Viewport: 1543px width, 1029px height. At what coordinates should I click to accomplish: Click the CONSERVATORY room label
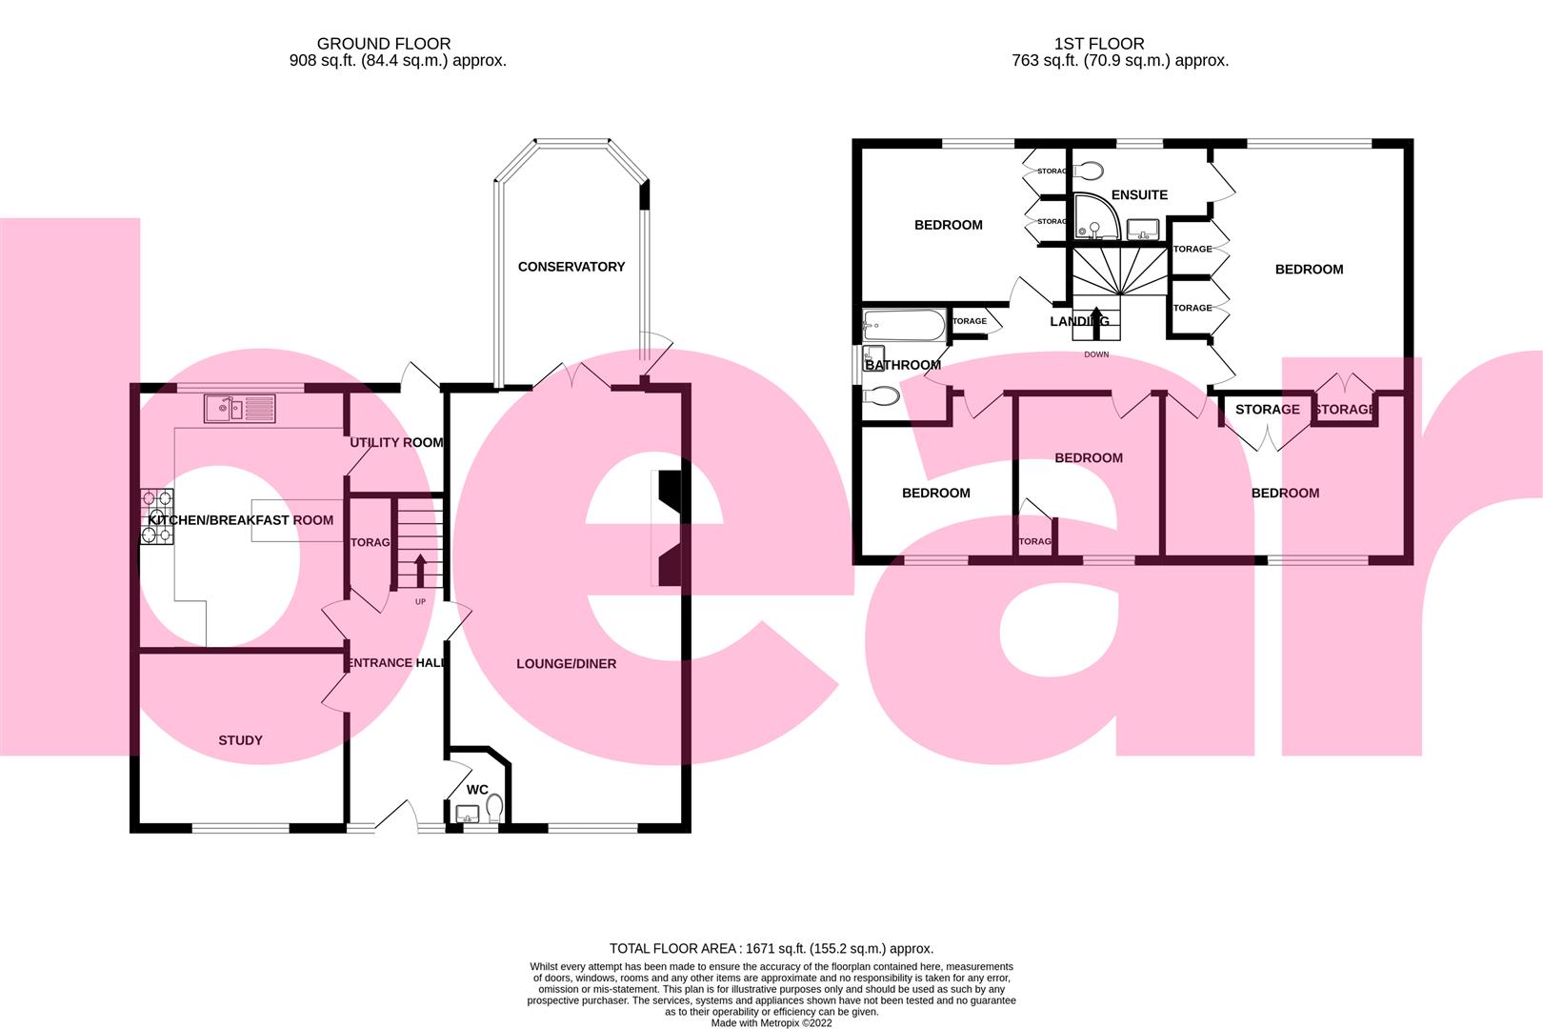(x=571, y=267)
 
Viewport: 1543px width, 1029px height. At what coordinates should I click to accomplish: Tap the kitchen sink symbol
(x=239, y=410)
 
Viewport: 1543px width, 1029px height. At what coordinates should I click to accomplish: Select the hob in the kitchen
(x=157, y=515)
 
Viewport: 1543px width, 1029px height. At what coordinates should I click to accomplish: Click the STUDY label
(x=240, y=740)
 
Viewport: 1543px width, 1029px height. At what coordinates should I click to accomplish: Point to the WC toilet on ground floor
(x=494, y=809)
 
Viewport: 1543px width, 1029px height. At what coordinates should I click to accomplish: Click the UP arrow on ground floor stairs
(x=420, y=572)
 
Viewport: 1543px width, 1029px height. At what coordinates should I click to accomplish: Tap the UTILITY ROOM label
(x=396, y=442)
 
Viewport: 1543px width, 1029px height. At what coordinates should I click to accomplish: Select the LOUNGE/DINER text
(x=566, y=663)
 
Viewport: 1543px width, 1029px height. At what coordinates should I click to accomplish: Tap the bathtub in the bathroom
(x=903, y=326)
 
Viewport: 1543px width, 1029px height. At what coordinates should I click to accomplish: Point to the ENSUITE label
(x=1139, y=194)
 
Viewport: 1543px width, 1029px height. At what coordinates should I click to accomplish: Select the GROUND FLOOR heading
(x=384, y=44)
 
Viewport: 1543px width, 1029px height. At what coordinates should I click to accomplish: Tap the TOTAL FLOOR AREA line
(x=771, y=948)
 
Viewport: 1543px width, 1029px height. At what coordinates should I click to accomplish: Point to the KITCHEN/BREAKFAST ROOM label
(x=241, y=520)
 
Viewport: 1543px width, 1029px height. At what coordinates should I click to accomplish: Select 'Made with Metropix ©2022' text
(x=771, y=1023)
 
